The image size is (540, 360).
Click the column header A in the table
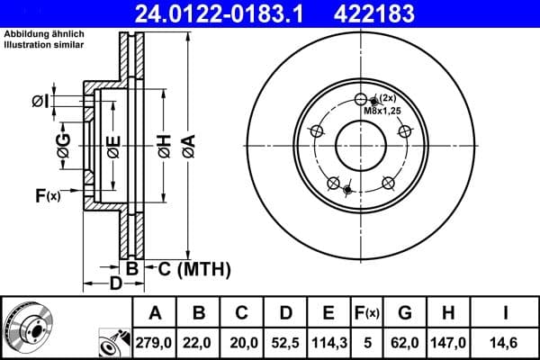coord(154,313)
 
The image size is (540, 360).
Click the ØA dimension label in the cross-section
coord(187,146)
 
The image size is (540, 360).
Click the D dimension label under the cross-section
coord(115,284)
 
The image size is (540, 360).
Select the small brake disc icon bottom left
coord(27,326)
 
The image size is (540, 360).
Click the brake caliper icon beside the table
coord(112,343)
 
